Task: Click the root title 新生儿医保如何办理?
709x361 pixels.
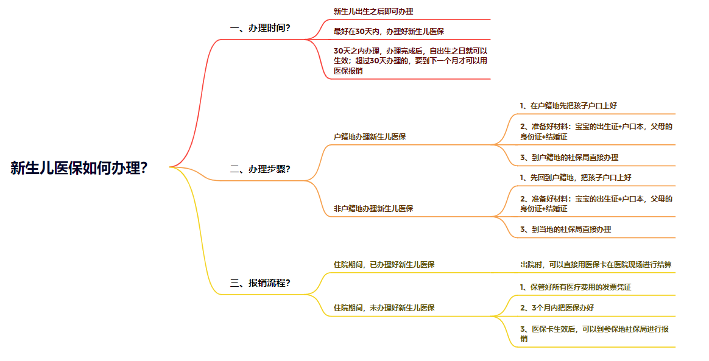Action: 79,168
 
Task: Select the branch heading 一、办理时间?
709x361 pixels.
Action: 260,28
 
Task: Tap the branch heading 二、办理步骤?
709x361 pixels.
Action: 260,169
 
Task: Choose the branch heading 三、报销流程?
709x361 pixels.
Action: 260,282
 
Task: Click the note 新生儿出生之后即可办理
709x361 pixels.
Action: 373,12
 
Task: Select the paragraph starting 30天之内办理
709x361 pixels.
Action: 410,60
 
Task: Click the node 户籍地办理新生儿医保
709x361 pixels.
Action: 370,136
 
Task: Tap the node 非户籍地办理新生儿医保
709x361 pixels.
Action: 373,208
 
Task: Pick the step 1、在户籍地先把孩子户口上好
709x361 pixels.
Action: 568,105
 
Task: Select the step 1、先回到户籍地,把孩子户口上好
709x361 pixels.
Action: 575,177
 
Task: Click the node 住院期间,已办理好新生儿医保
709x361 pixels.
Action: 384,264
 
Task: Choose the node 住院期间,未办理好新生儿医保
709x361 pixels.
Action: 384,307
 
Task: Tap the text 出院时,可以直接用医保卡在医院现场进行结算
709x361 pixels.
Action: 596,264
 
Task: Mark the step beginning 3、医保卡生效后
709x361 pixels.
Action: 595,334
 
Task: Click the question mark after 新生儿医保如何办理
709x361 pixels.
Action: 144,168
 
